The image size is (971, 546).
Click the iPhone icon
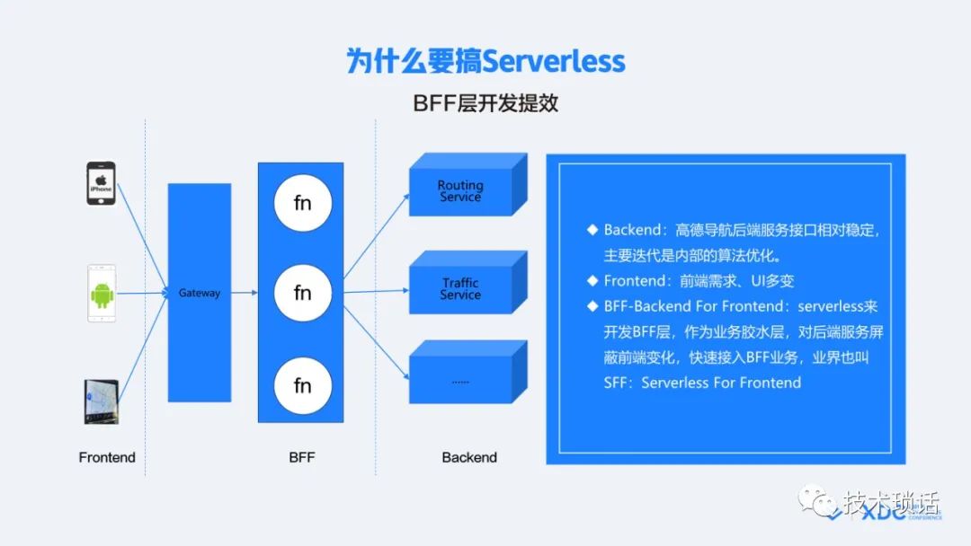coord(100,183)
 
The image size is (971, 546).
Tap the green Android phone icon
coord(102,293)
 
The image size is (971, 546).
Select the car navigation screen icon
coord(100,402)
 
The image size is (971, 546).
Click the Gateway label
coord(199,293)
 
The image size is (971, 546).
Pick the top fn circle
coord(303,204)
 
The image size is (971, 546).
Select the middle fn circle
coord(303,293)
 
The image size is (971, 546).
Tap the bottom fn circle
coord(303,385)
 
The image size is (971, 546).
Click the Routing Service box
coord(460,191)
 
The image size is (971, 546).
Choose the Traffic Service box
coord(460,289)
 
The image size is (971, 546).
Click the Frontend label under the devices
coord(107,457)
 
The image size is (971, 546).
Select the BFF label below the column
coord(302,457)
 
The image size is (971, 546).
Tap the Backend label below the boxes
coord(469,457)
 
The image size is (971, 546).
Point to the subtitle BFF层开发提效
coord(485,102)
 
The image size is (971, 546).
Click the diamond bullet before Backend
coord(592,230)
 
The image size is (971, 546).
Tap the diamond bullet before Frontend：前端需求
coord(592,280)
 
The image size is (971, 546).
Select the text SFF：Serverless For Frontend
coord(702,383)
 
